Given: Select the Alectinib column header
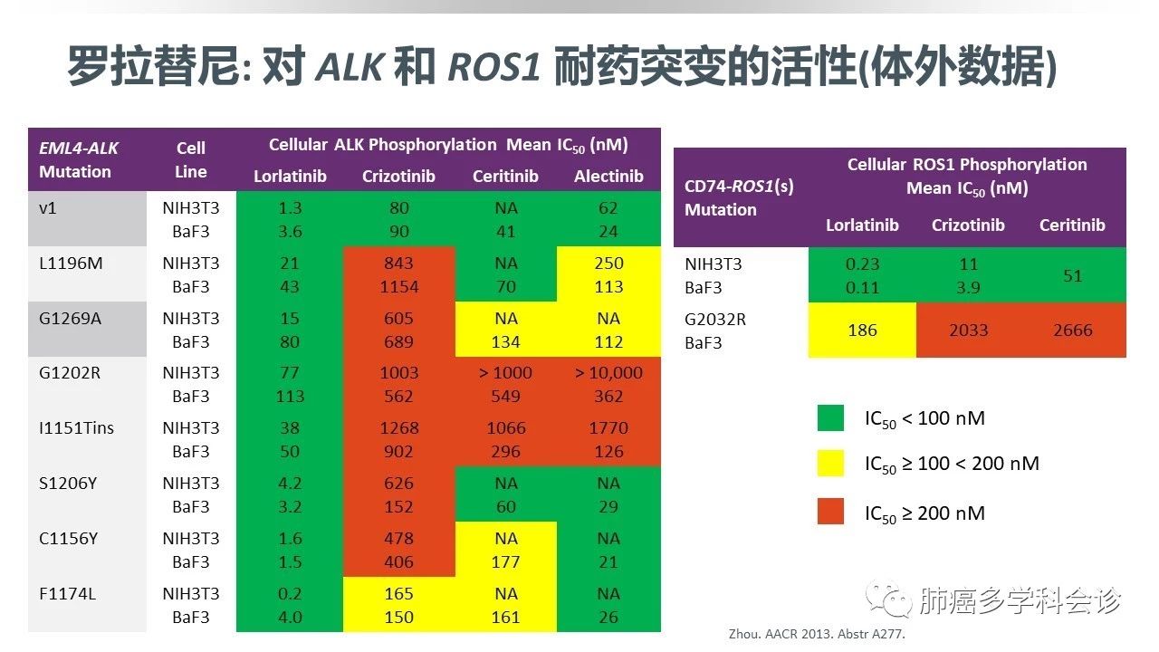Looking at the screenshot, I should pyautogui.click(x=608, y=176).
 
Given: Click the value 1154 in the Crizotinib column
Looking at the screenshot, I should pyautogui.click(x=399, y=287).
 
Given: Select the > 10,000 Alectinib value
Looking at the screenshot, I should pyautogui.click(x=608, y=372).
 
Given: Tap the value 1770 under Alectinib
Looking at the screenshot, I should pyautogui.click(x=608, y=427).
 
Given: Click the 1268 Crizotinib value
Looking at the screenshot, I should pyautogui.click(x=399, y=427).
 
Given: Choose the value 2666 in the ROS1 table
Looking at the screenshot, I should pyautogui.click(x=1073, y=331).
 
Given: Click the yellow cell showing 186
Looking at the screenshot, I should pyautogui.click(x=862, y=331).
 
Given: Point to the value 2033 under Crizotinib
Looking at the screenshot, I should pyautogui.click(x=968, y=331).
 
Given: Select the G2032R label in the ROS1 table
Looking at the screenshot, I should pyautogui.click(x=715, y=320).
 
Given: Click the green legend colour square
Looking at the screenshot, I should pyautogui.click(x=830, y=418).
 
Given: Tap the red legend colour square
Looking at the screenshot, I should pyautogui.click(x=830, y=513).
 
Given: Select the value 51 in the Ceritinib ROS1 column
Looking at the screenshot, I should pyautogui.click(x=1073, y=275).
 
